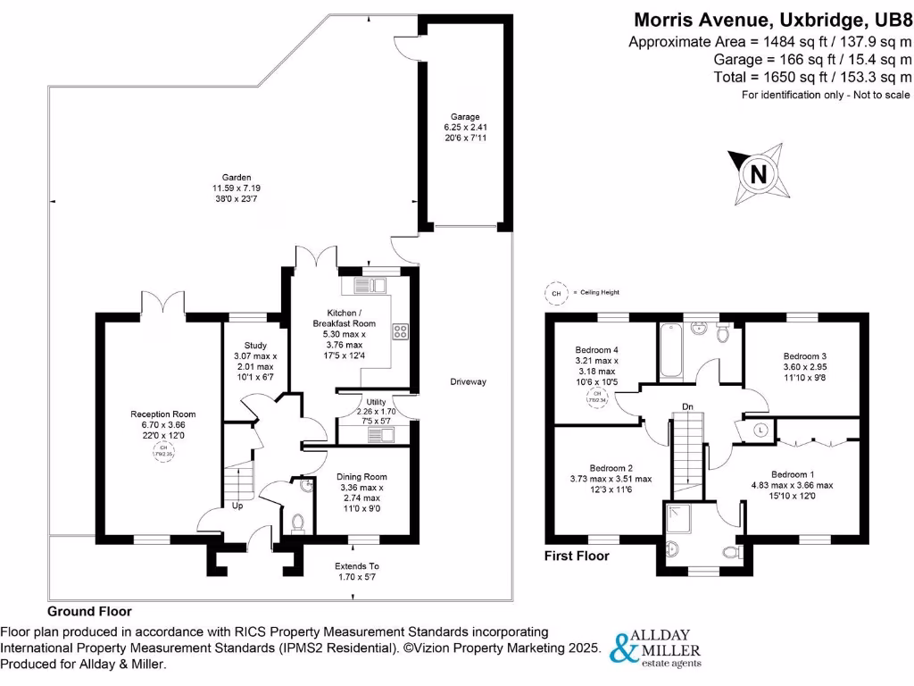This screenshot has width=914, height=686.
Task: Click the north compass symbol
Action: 758,174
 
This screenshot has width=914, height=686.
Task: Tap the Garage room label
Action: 465,117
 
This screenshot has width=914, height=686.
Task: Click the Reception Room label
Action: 162,414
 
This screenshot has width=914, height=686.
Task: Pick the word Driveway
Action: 469,382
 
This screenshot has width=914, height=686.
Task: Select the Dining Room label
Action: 362,476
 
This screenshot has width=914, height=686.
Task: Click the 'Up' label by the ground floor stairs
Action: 237,506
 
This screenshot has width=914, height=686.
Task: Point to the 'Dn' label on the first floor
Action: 687,407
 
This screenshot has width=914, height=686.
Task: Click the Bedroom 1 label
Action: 789,474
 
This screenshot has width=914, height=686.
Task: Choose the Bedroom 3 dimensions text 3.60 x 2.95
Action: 800,366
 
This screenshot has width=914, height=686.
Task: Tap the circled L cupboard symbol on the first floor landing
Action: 760,430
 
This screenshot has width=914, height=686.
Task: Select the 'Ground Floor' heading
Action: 89,612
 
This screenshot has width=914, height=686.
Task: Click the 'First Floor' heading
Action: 577,556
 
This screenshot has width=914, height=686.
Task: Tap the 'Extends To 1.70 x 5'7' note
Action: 357,572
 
